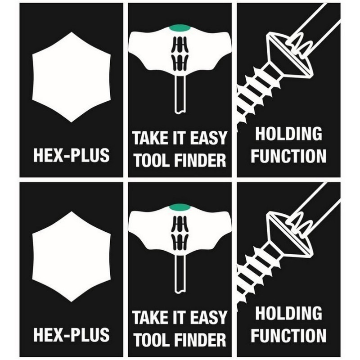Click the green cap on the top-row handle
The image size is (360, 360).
click(x=180, y=28)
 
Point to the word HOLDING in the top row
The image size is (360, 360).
click(x=288, y=134)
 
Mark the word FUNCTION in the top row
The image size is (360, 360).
click(x=288, y=156)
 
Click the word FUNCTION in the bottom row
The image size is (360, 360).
click(x=288, y=336)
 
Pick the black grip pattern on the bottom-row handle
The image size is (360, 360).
click(x=180, y=231)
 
